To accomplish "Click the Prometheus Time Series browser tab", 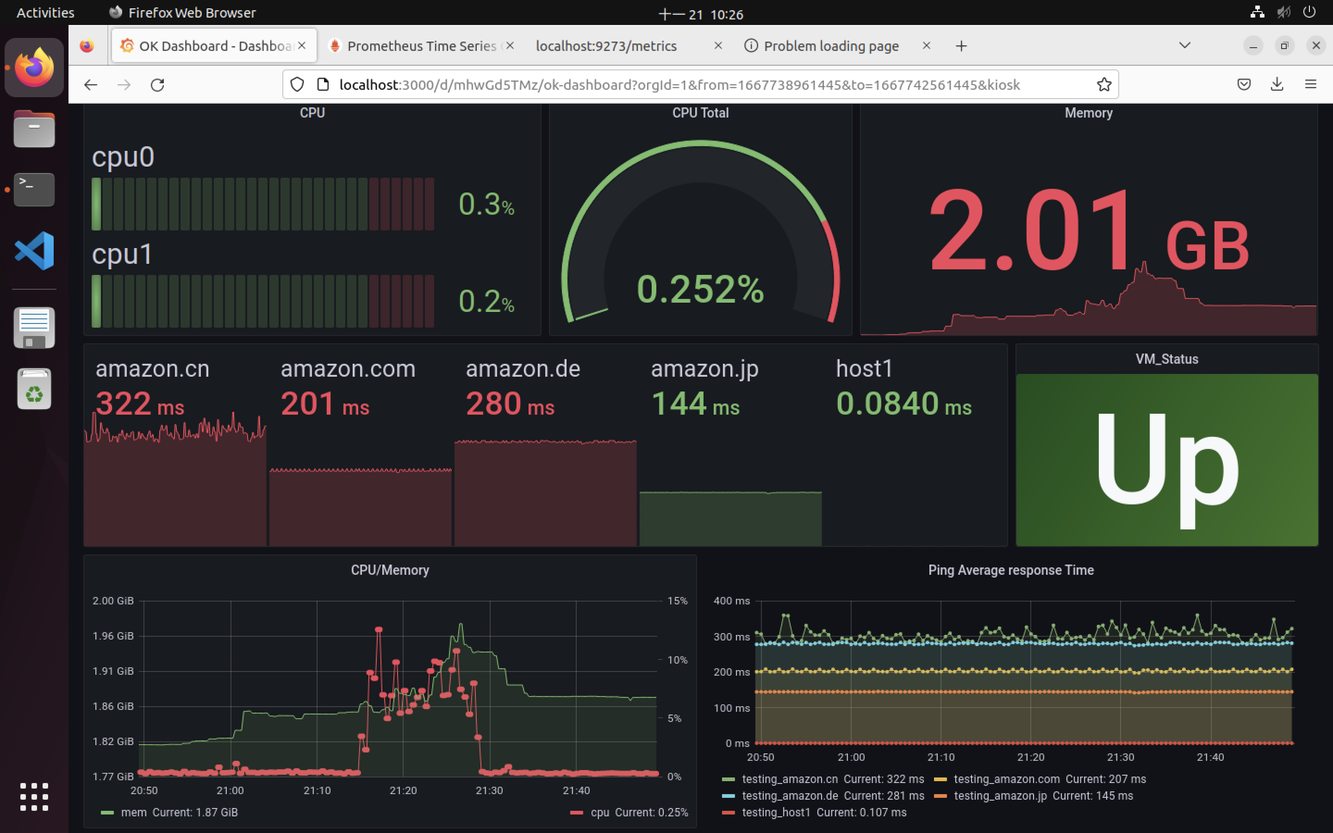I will [x=421, y=46].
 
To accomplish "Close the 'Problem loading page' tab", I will [x=927, y=46].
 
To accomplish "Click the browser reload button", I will [x=157, y=85].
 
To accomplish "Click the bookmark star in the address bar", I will [x=1104, y=84].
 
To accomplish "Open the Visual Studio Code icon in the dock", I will [x=34, y=251].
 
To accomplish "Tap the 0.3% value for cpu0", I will [x=486, y=205].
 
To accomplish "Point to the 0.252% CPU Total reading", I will [x=700, y=289].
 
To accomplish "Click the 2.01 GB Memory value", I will [x=1088, y=231].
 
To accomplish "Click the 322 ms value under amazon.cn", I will [x=140, y=404].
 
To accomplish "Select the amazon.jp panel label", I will [x=704, y=368].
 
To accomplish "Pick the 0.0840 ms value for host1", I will [x=903, y=404].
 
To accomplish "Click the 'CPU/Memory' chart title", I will [x=390, y=570].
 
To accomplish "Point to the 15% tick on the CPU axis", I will [x=677, y=601].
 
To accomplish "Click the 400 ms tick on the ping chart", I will [x=731, y=601].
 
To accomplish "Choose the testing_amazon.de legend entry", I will [x=789, y=796].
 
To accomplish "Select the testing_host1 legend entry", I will [x=776, y=812].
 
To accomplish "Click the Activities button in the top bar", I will [x=45, y=12].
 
